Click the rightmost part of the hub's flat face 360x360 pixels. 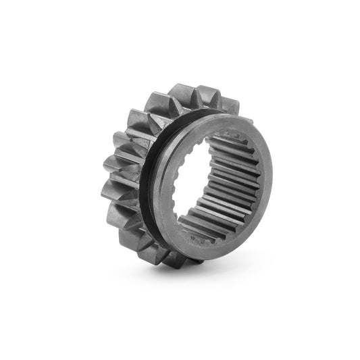click(x=266, y=169)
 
